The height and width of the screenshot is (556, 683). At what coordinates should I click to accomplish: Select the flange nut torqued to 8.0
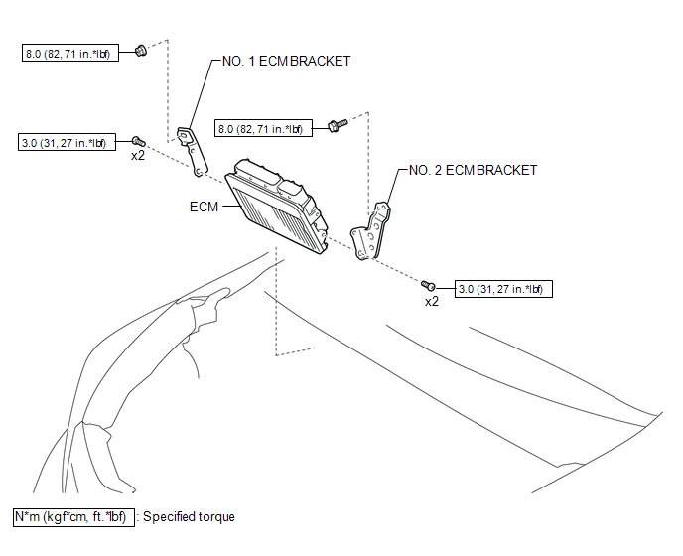[141, 49]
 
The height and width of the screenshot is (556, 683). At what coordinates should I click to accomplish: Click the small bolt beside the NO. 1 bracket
[138, 142]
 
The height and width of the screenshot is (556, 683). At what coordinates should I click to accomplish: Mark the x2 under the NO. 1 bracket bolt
[138, 156]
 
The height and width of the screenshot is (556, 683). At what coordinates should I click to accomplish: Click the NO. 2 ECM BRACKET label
[473, 170]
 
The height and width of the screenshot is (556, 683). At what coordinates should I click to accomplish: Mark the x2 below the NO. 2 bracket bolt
[432, 301]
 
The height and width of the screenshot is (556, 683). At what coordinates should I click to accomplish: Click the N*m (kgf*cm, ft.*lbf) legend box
[71, 517]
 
